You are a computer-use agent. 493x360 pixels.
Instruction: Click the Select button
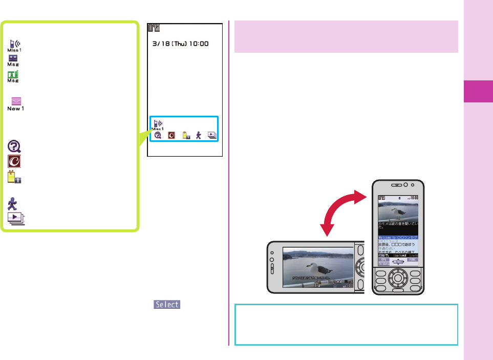pos(167,304)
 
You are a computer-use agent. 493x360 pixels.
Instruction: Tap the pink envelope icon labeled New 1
pos(15,103)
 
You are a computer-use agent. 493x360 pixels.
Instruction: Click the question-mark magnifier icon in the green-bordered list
pos(14,147)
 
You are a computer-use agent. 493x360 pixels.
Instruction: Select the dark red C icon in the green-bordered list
pos(14,162)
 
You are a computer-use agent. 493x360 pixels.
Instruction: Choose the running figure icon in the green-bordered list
pos(13,204)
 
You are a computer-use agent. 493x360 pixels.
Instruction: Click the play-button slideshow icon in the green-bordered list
pos(15,218)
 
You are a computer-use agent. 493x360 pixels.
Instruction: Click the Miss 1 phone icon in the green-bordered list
pos(14,46)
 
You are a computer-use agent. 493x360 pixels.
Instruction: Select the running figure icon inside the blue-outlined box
pos(198,135)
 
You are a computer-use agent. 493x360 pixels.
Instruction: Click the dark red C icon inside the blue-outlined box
pos(172,135)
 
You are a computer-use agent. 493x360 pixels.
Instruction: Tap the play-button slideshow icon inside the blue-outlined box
pos(211,135)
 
